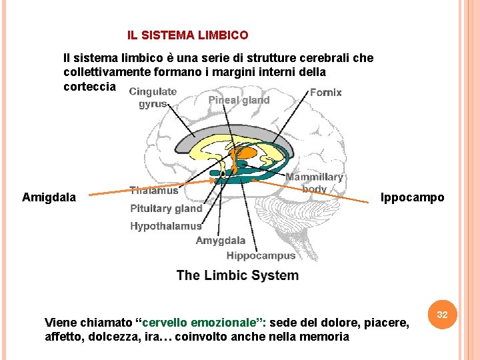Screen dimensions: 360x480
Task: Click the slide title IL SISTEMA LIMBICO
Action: click(x=188, y=35)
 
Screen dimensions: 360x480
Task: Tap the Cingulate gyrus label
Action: click(x=153, y=97)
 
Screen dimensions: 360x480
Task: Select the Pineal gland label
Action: click(x=239, y=100)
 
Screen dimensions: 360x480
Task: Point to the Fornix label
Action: click(x=325, y=93)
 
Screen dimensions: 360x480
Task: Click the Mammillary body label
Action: click(x=314, y=183)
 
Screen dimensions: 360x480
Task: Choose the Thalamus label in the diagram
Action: click(x=154, y=191)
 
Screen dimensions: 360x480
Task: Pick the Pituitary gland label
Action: click(x=166, y=208)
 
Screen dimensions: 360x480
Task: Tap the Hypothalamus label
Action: click(x=166, y=226)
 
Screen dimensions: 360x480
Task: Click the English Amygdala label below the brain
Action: click(x=220, y=241)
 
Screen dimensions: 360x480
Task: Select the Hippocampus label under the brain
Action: click(x=261, y=255)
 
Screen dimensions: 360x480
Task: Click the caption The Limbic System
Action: click(x=237, y=275)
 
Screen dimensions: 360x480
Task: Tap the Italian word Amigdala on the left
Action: click(x=49, y=197)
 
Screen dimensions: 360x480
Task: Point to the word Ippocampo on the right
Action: click(x=412, y=197)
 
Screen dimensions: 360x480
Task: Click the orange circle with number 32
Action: click(x=441, y=313)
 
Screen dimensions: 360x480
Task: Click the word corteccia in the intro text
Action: click(x=89, y=87)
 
